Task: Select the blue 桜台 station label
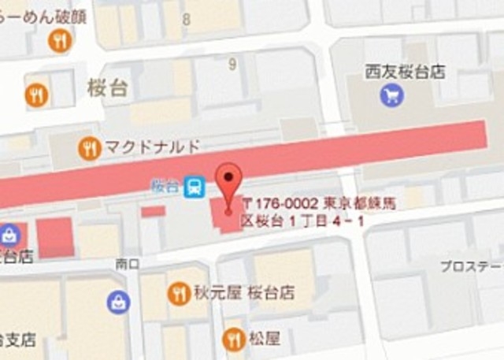point(165,187)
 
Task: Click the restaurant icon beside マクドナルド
point(90,147)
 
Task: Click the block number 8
point(186,18)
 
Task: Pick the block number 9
point(232,65)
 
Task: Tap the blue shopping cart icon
point(391,96)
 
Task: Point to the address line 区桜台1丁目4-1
point(302,221)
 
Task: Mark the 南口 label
point(126,263)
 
